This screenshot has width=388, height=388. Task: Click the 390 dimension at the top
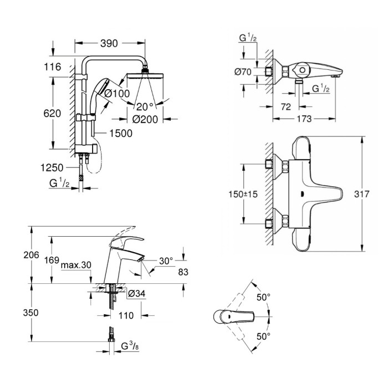tap(109, 44)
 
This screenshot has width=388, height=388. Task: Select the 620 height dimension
tap(52, 113)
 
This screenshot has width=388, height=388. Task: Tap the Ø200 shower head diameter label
tap(145, 119)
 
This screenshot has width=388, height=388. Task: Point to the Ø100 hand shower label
tap(117, 94)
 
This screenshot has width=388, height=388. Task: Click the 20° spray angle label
tap(145, 107)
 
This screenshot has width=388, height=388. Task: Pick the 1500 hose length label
tap(121, 134)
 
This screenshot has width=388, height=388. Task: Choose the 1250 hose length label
tap(52, 168)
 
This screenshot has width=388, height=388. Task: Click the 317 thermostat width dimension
tap(362, 194)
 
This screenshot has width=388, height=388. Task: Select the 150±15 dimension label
tap(243, 194)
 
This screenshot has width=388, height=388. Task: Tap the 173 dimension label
tap(304, 119)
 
